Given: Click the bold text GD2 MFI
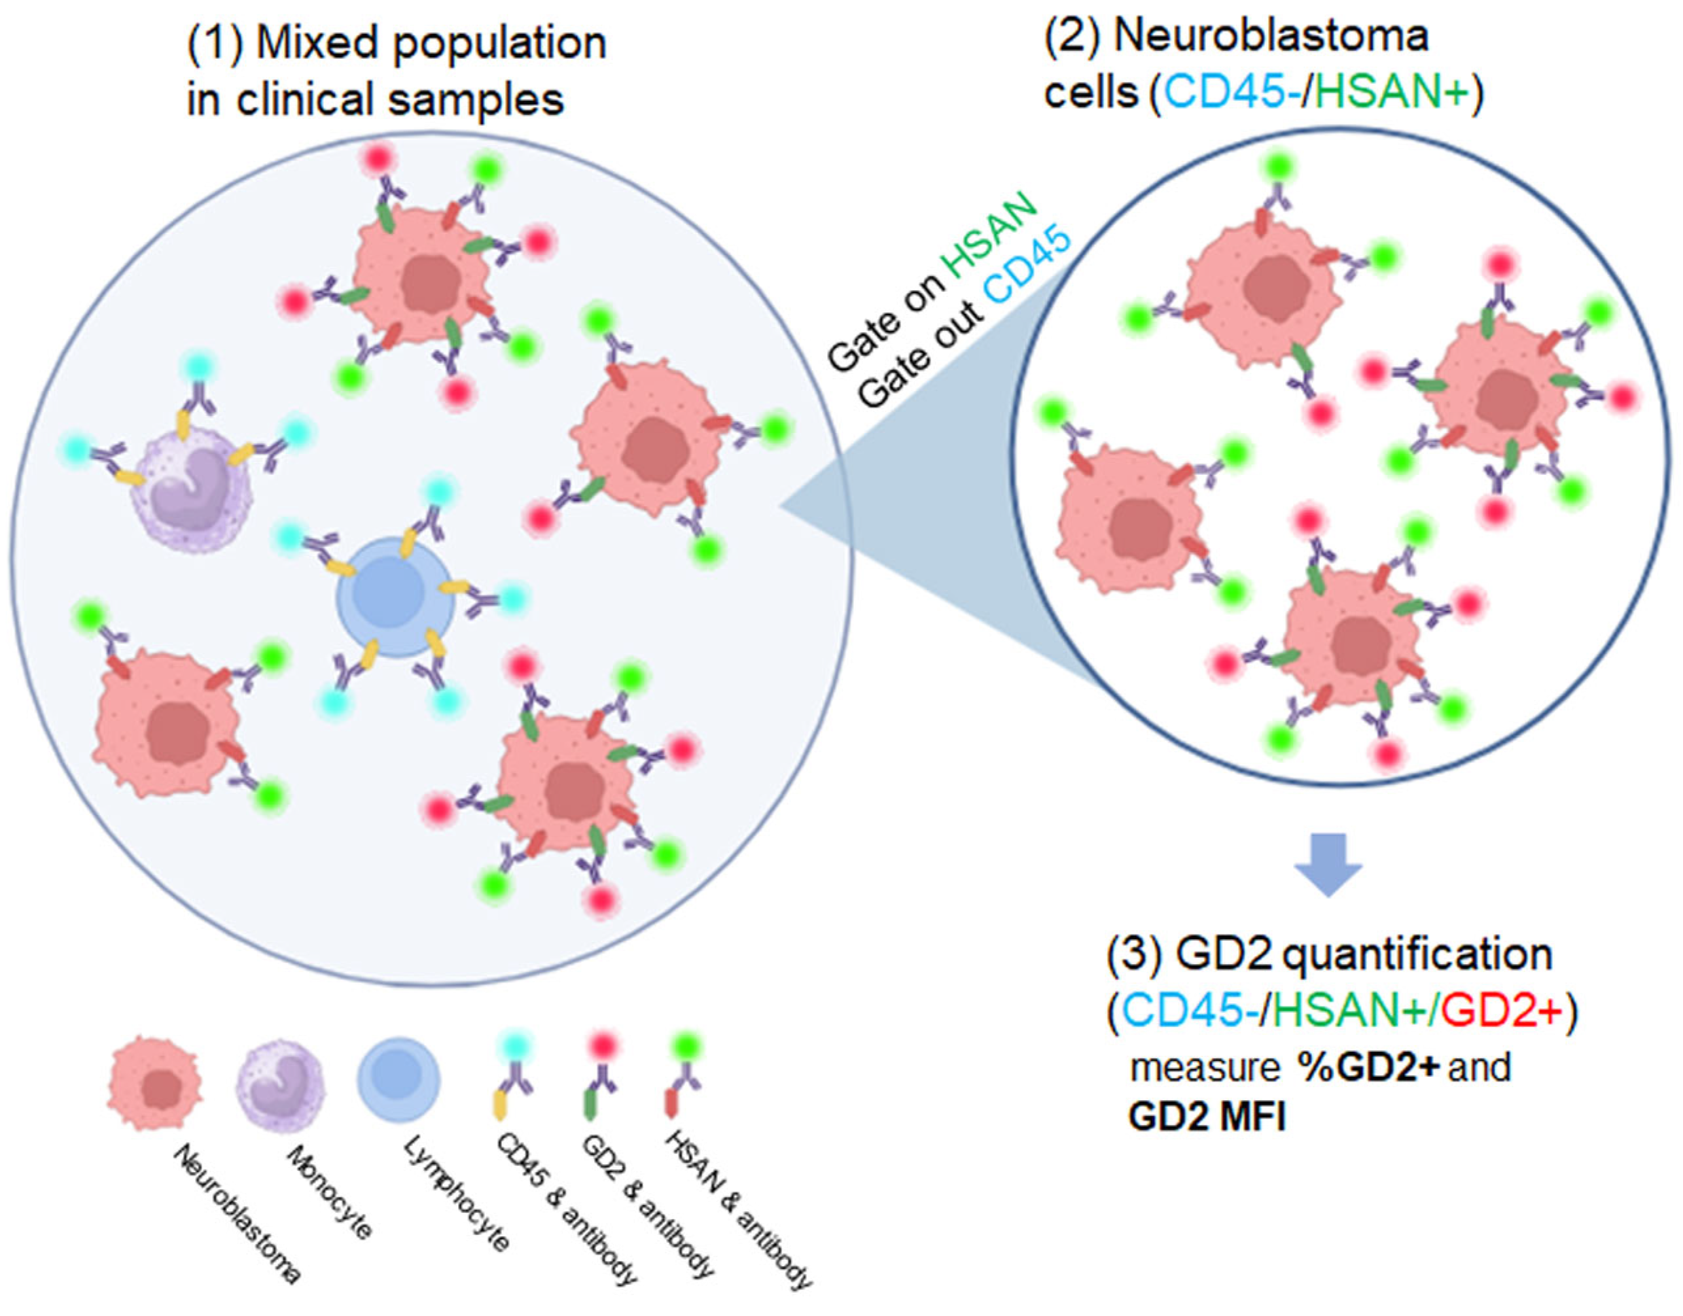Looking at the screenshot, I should [1207, 1117].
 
